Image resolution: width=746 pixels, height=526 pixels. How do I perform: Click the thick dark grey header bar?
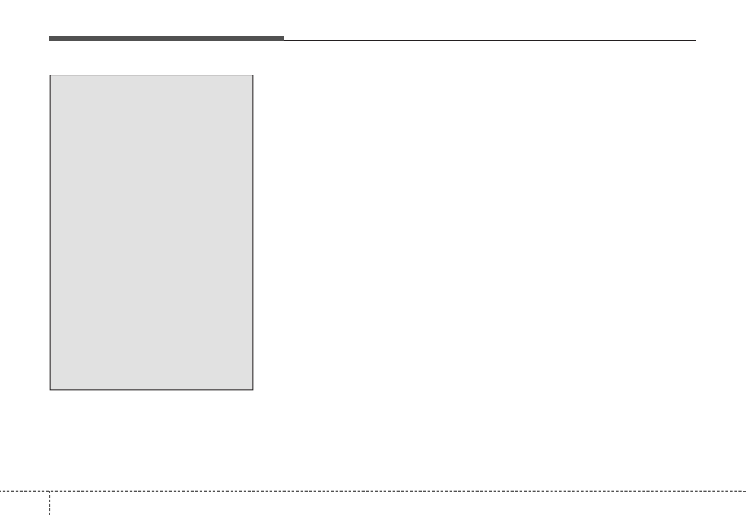pyautogui.click(x=167, y=38)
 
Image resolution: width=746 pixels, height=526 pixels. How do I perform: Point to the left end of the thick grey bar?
pyautogui.click(x=50, y=38)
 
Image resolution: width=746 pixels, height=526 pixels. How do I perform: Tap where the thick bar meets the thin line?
pyautogui.click(x=284, y=39)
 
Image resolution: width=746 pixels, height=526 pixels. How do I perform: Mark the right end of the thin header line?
pyautogui.click(x=695, y=40)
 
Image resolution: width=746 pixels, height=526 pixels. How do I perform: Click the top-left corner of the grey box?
pyautogui.click(x=50, y=75)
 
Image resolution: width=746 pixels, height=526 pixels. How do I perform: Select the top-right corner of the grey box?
pyautogui.click(x=253, y=75)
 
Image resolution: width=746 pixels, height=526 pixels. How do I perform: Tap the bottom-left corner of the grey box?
pyautogui.click(x=50, y=389)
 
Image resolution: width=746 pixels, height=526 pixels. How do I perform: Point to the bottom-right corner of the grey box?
pyautogui.click(x=253, y=389)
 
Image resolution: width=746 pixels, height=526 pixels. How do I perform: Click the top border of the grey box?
pyautogui.click(x=152, y=75)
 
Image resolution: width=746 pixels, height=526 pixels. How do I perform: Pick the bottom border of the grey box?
pyautogui.click(x=152, y=389)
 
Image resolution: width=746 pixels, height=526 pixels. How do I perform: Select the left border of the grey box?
pyautogui.click(x=50, y=232)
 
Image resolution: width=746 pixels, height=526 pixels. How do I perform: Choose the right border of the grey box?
pyautogui.click(x=253, y=232)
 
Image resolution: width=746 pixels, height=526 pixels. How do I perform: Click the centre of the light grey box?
pyautogui.click(x=152, y=232)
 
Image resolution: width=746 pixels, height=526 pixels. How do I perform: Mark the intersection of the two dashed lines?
pyautogui.click(x=49, y=490)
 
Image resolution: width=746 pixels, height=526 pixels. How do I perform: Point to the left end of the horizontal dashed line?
pyautogui.click(x=1, y=490)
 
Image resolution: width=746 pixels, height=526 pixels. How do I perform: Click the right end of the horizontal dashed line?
pyautogui.click(x=745, y=490)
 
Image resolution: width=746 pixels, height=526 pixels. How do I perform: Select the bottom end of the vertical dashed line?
pyautogui.click(x=49, y=525)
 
